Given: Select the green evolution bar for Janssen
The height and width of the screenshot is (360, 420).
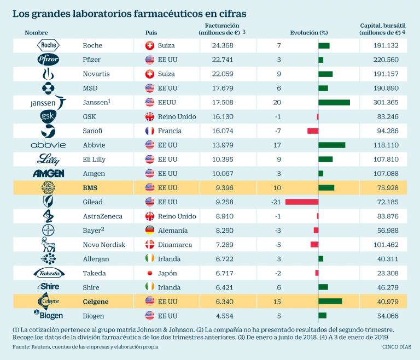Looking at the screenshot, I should (334, 102).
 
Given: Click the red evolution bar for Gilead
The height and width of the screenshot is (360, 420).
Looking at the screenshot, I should (302, 202).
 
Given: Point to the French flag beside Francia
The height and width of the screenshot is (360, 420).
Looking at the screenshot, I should (149, 131).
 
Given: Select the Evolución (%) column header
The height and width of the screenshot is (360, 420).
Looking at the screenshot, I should (308, 33).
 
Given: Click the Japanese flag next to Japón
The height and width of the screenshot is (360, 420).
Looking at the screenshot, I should (149, 273).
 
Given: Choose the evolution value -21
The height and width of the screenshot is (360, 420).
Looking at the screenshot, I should (276, 202).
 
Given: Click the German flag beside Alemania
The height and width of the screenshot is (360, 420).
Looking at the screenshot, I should (149, 231).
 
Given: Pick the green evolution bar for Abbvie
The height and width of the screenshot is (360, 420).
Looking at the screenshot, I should (332, 145).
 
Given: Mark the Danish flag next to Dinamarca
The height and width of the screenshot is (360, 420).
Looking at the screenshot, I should (149, 245).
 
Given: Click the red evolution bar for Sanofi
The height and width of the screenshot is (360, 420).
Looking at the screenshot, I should (313, 131).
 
